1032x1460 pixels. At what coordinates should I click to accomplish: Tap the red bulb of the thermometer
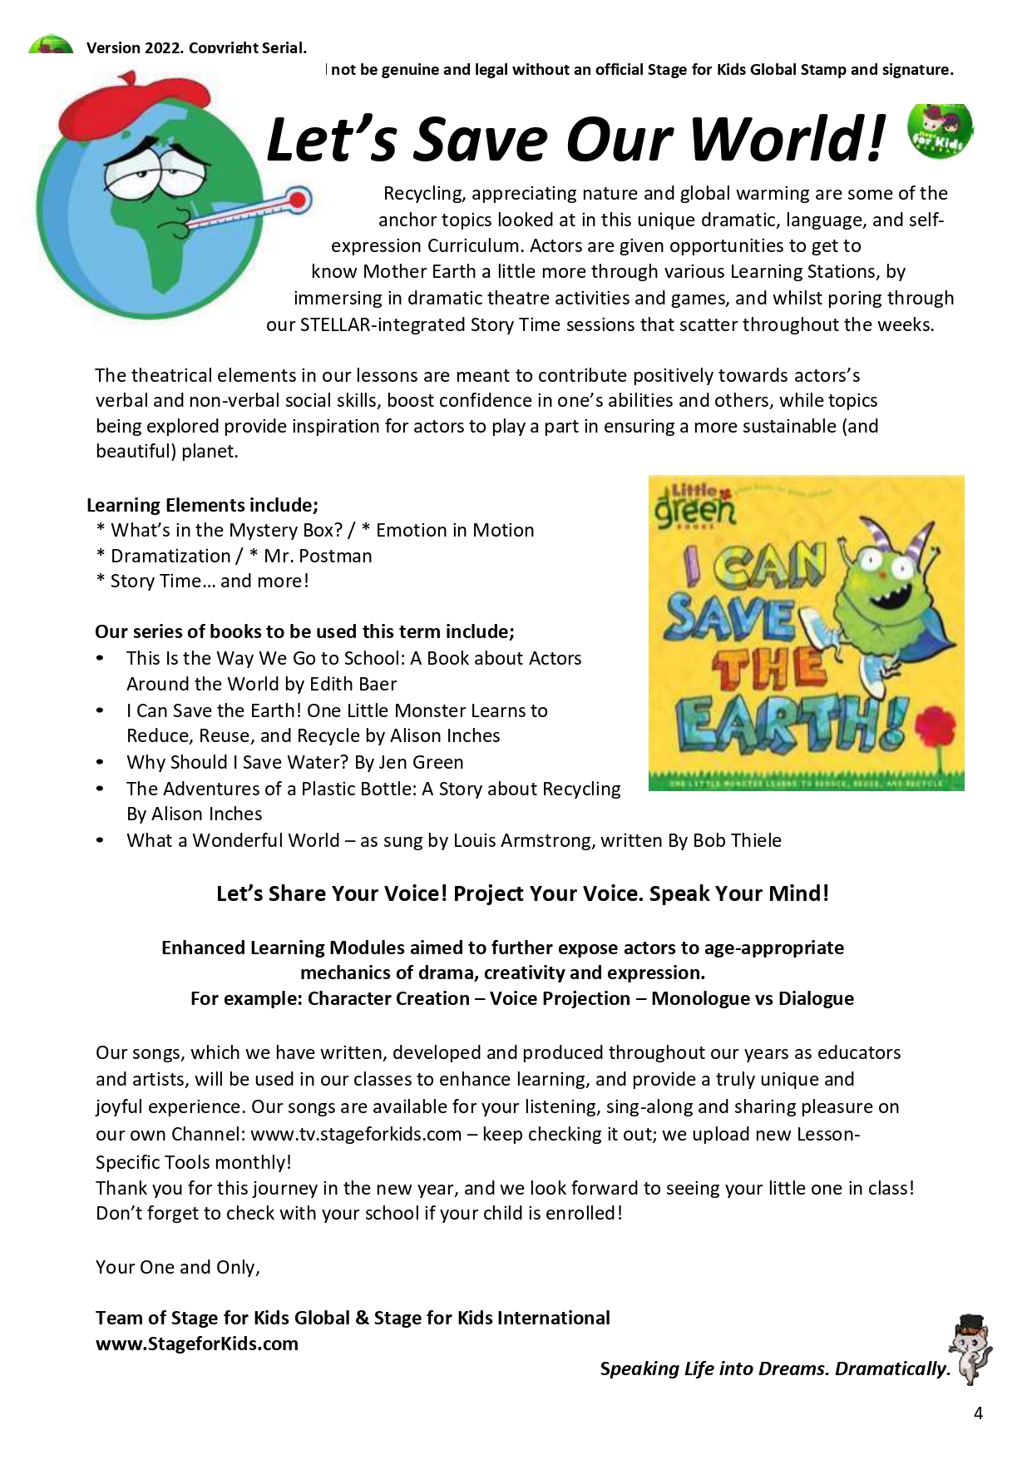(x=297, y=200)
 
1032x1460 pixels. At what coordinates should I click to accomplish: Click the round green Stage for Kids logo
(x=940, y=131)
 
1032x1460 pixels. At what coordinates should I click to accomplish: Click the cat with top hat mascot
(x=970, y=1349)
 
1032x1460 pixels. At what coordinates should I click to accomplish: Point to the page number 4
(x=978, y=1413)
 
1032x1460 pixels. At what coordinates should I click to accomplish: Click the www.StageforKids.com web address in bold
(x=197, y=1344)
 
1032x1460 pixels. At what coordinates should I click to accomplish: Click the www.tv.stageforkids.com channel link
(x=356, y=1134)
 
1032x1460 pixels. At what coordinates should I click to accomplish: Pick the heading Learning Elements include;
(x=202, y=505)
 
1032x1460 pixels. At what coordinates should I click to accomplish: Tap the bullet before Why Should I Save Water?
(x=100, y=762)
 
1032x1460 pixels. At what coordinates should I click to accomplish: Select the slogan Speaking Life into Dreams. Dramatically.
(x=775, y=1368)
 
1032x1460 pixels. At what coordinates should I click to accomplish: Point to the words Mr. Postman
(x=318, y=556)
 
